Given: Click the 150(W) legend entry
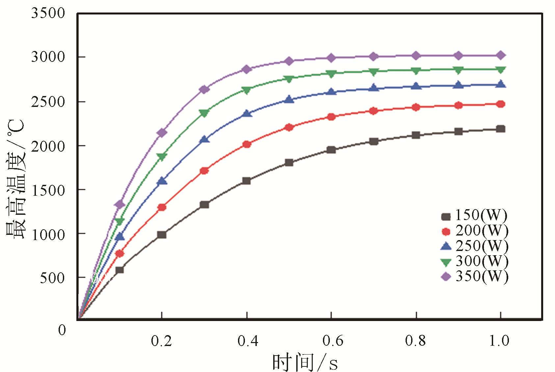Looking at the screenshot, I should point(474,216).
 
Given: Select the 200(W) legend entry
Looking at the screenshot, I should point(475,231).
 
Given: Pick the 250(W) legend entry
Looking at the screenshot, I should point(475,246).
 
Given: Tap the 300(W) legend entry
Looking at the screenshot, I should point(475,261).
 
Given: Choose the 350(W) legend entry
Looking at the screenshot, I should point(475,276).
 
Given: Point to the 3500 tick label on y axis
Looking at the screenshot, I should point(48,13).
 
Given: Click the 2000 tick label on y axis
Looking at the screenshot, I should point(48,146).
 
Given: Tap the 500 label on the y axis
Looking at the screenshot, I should point(52,278).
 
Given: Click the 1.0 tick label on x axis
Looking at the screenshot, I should point(499,341).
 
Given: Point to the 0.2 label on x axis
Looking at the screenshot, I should point(161,341).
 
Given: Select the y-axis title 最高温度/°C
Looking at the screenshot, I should point(15,179).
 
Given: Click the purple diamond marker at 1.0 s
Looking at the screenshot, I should point(501,55).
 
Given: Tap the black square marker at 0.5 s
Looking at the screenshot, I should point(289,162).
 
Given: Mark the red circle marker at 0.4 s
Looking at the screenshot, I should point(247,144).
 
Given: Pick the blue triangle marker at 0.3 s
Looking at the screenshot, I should point(204,139).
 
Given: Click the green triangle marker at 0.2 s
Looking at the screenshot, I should point(162,157).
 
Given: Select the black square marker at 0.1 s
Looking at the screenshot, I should point(119,270).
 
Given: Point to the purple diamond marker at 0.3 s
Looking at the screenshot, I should point(204,89).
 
